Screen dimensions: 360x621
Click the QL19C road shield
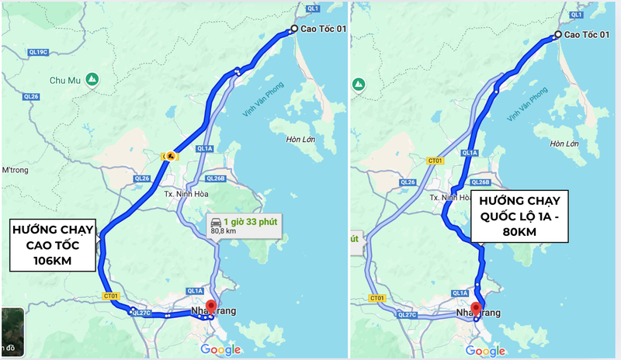point(37,52)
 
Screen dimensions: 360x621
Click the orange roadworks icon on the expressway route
point(168,156)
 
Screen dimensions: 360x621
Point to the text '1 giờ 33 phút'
point(251,221)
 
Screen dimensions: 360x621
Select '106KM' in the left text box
point(53,261)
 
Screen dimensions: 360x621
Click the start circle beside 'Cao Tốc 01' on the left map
point(293,29)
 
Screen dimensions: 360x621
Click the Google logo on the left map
point(220,349)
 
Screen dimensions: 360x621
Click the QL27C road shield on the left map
point(141,313)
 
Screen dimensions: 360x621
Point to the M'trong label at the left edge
point(14,170)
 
